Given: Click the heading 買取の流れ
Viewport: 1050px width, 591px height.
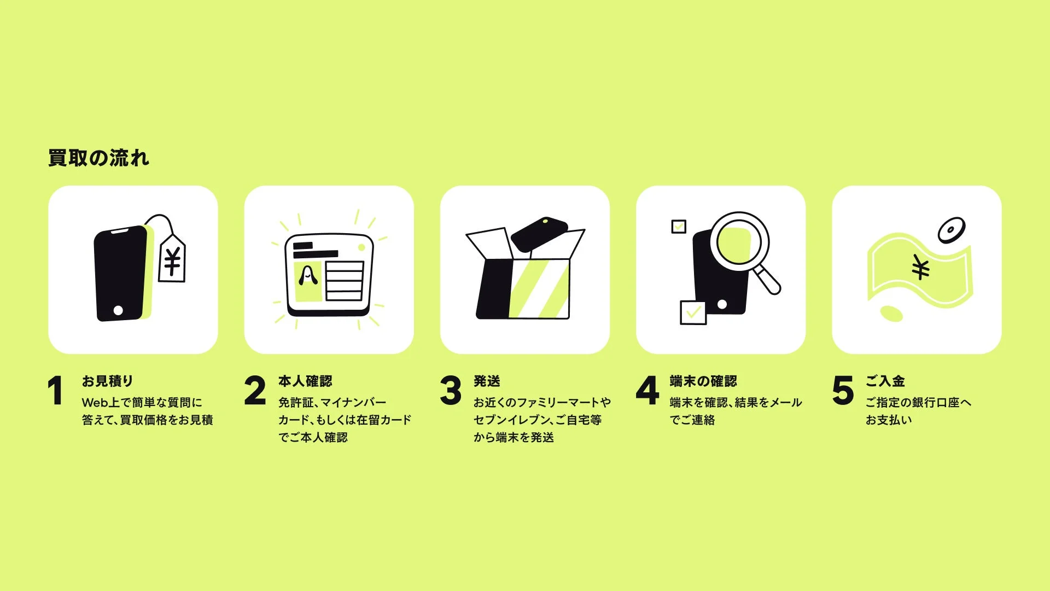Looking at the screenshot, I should click(x=98, y=158).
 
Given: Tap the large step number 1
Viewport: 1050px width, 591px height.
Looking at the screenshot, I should click(x=55, y=391).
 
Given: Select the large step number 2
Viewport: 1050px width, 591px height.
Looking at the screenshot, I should click(x=255, y=391).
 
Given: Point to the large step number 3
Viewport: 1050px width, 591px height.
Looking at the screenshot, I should click(x=451, y=391).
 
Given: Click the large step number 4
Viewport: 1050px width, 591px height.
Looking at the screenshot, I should click(x=647, y=391).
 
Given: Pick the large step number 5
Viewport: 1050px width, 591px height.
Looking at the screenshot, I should click(x=843, y=391).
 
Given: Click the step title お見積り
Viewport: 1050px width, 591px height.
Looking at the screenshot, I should click(x=107, y=381).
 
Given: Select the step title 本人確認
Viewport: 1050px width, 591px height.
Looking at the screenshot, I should click(x=305, y=381).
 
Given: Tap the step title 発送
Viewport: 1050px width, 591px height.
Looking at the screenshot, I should click(x=487, y=381).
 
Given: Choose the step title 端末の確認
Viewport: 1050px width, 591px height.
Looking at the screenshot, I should click(x=703, y=381).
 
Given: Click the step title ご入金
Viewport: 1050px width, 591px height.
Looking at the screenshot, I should click(x=885, y=381).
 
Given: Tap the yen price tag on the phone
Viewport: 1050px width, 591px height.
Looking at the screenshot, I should click(x=172, y=260).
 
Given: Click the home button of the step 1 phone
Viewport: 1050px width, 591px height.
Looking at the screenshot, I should click(x=118, y=310).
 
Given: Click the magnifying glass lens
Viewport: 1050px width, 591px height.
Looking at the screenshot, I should click(x=739, y=241).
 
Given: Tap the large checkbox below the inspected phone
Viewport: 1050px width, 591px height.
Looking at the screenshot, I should click(x=693, y=312).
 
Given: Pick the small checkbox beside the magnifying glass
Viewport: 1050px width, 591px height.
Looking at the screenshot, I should click(x=679, y=227).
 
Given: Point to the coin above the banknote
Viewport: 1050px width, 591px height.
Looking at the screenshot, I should click(x=952, y=230).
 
